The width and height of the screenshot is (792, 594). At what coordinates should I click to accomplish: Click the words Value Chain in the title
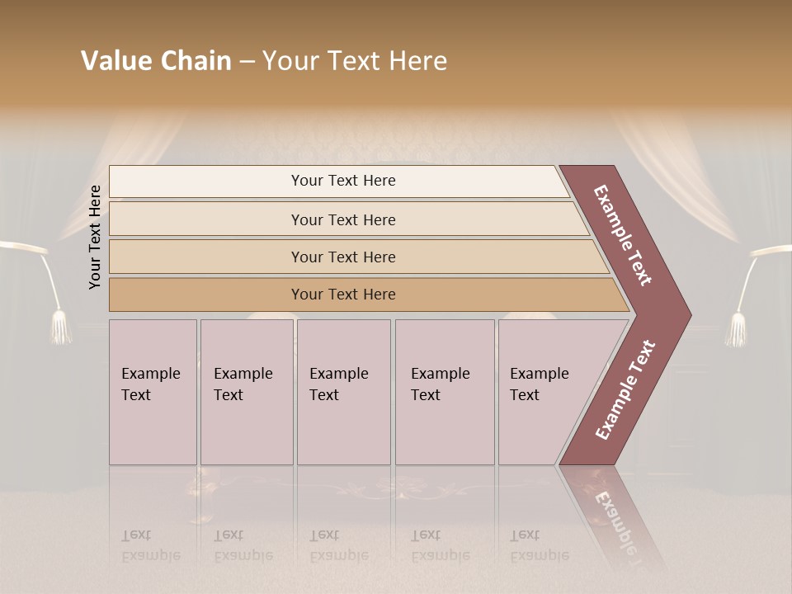pyautogui.click(x=156, y=61)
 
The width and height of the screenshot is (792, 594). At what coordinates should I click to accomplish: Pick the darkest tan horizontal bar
pyautogui.click(x=206, y=295)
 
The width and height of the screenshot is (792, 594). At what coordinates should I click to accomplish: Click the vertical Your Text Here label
pyautogui.click(x=96, y=237)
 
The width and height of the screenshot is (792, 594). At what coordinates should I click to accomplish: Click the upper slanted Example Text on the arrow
pyautogui.click(x=623, y=235)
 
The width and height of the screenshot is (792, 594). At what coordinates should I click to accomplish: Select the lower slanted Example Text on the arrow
pyautogui.click(x=625, y=389)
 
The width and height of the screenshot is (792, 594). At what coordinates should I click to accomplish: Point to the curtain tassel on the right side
pyautogui.click(x=735, y=329)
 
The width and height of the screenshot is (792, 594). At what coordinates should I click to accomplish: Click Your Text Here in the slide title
pyautogui.click(x=355, y=61)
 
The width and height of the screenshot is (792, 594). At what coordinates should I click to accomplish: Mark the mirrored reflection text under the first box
pyautogui.click(x=151, y=545)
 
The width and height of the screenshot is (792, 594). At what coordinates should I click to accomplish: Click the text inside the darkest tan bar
pyautogui.click(x=343, y=295)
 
